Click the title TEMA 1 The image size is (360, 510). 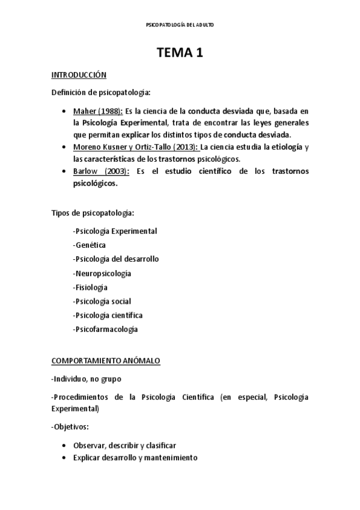click(x=180, y=53)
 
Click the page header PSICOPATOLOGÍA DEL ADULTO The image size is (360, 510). click(x=180, y=25)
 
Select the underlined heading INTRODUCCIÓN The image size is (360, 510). click(x=78, y=75)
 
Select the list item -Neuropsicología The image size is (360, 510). click(x=101, y=273)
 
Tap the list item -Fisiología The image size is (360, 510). click(x=90, y=287)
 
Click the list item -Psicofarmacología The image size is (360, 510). click(x=105, y=329)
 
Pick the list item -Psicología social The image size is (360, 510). click(x=101, y=301)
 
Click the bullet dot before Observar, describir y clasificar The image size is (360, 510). click(x=64, y=446)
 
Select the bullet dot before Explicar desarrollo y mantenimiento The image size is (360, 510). click(x=64, y=458)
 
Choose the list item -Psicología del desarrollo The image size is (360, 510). click(x=115, y=259)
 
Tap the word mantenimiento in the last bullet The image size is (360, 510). click(x=171, y=458)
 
